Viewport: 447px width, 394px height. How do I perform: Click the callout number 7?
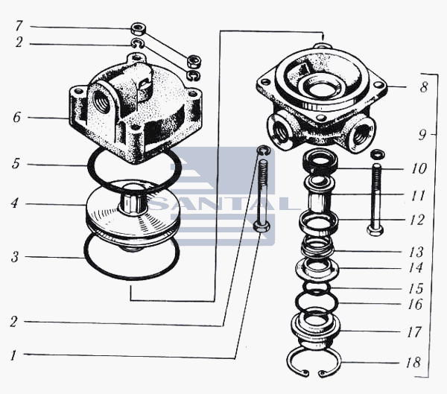pyautogui.click(x=19, y=25)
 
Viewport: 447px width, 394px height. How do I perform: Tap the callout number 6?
pyautogui.click(x=17, y=117)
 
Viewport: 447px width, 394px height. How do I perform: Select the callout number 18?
pyautogui.click(x=413, y=363)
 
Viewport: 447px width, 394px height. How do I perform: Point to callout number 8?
pyautogui.click(x=424, y=87)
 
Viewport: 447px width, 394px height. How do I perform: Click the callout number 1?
pyautogui.click(x=13, y=355)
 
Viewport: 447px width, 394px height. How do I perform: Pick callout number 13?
pyautogui.click(x=416, y=252)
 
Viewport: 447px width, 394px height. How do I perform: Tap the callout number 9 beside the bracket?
pyautogui.click(x=422, y=135)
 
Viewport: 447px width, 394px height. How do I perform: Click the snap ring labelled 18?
pyautogui.click(x=314, y=363)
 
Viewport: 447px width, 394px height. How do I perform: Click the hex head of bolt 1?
pyautogui.click(x=261, y=226)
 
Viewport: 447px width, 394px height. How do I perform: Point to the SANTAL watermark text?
pyautogui.click(x=222, y=203)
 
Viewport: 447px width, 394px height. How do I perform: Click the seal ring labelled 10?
pyautogui.click(x=320, y=162)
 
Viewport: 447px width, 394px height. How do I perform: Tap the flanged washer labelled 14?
pyautogui.click(x=317, y=269)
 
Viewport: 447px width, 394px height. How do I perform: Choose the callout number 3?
pyautogui.click(x=15, y=257)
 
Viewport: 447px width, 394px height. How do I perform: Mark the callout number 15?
pyautogui.click(x=416, y=288)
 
